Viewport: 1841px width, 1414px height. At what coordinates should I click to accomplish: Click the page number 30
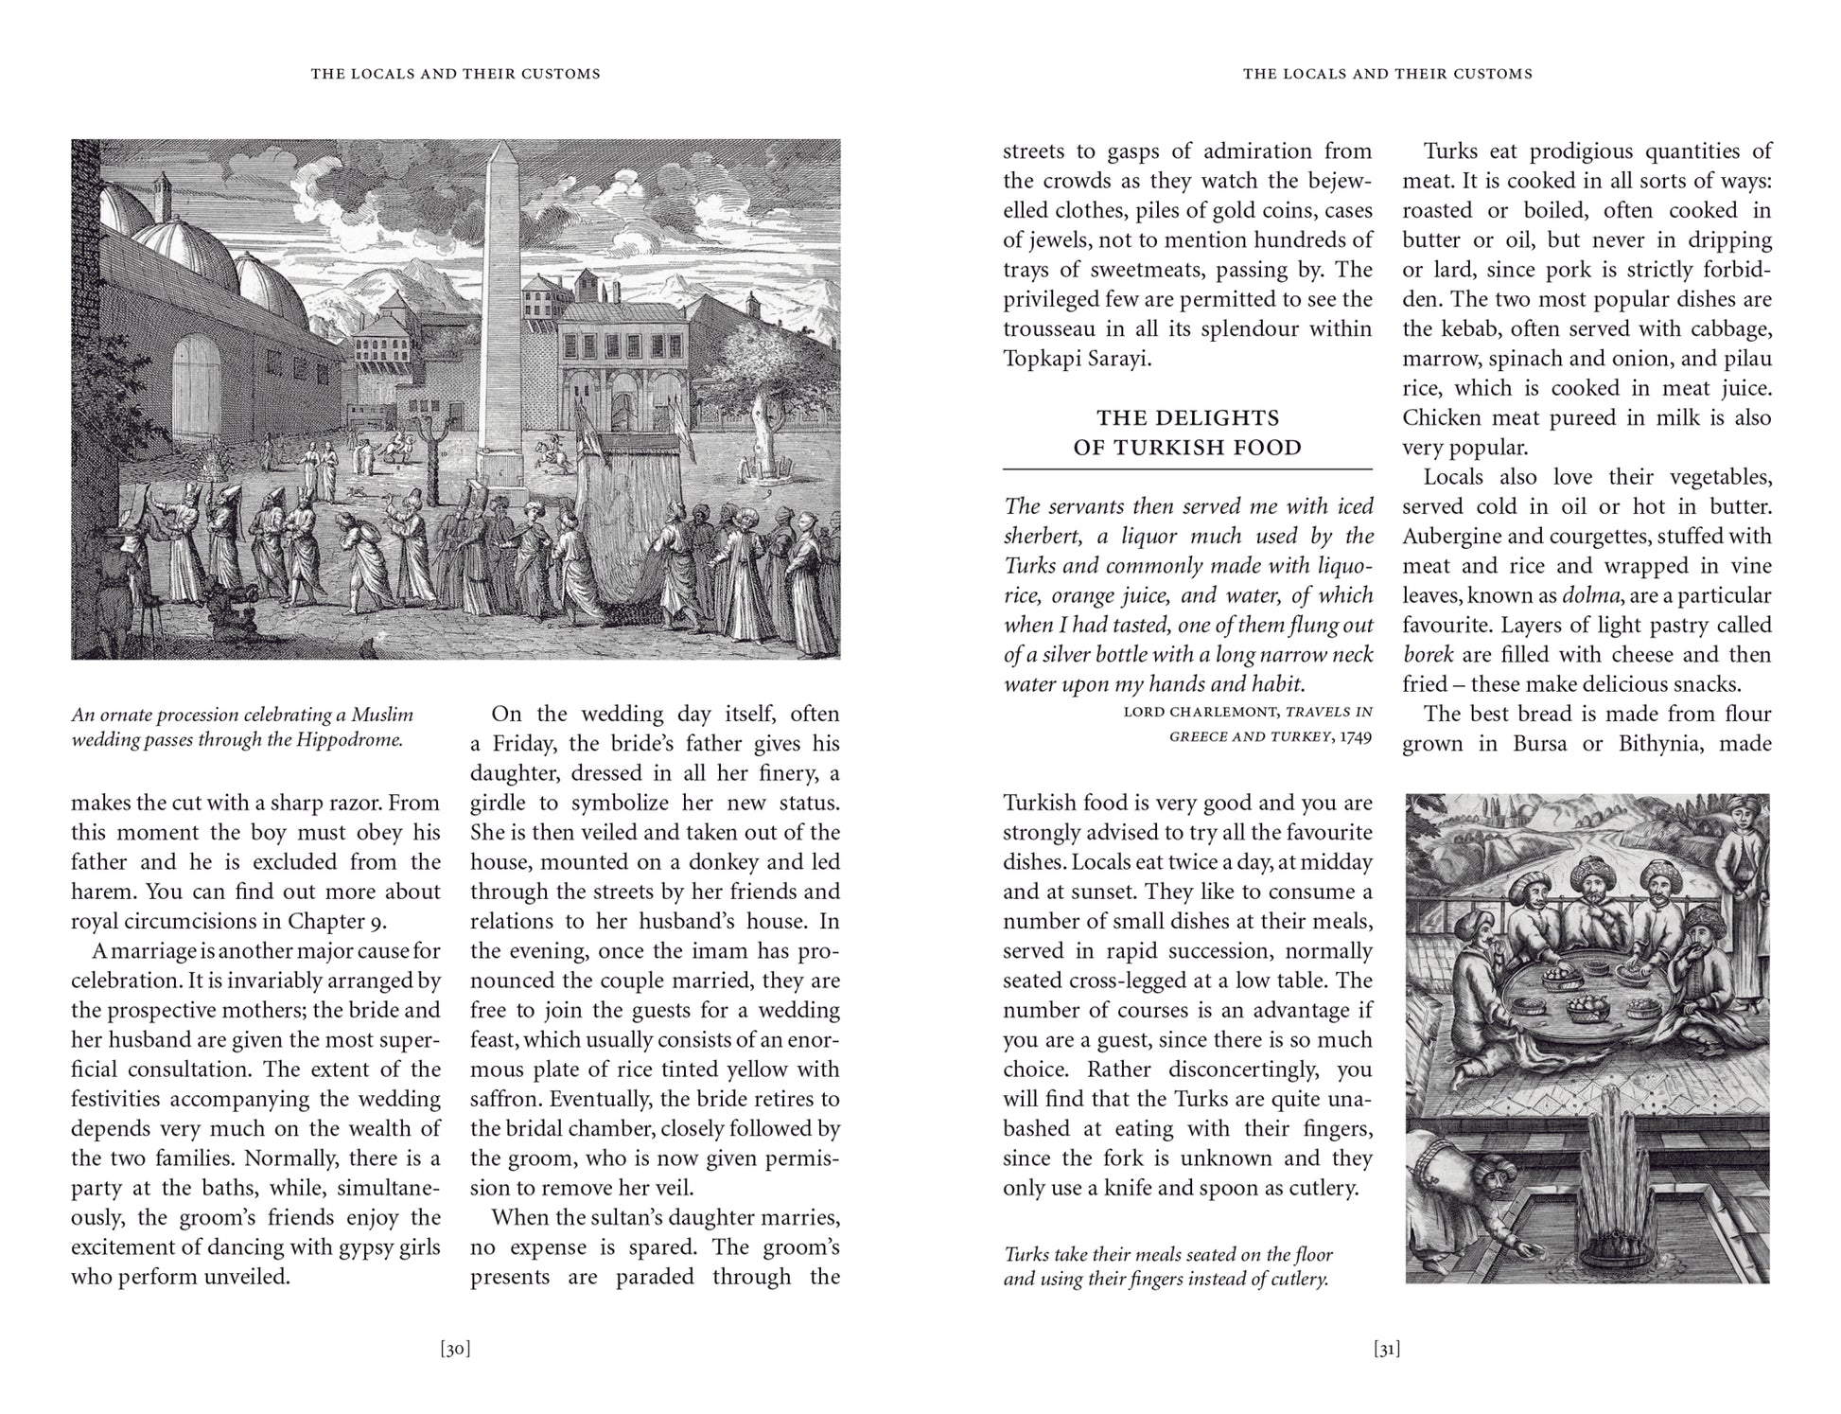point(455,1350)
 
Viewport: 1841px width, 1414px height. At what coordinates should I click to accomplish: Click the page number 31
point(1386,1350)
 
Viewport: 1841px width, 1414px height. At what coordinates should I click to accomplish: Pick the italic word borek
point(1428,655)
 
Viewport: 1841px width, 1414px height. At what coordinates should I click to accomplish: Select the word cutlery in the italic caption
point(1293,1280)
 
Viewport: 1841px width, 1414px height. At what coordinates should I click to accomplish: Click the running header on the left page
point(455,74)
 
